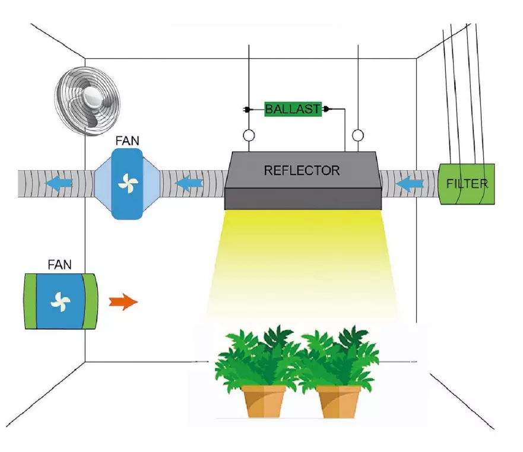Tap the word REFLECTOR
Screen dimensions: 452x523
tap(302, 171)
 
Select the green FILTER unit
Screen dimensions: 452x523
tap(467, 184)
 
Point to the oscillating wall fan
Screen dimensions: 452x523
tap(87, 100)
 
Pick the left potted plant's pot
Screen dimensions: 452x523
tap(264, 401)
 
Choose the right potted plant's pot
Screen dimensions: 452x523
tap(340, 401)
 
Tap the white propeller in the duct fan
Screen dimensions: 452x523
tap(127, 184)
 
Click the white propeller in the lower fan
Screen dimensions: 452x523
tap(60, 301)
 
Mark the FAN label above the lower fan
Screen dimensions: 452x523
tap(59, 264)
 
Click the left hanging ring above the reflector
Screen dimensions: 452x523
tap(249, 136)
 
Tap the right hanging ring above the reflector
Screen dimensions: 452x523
tap(357, 136)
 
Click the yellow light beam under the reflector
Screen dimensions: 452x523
tap(303, 261)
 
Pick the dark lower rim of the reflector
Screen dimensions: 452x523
tap(302, 199)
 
